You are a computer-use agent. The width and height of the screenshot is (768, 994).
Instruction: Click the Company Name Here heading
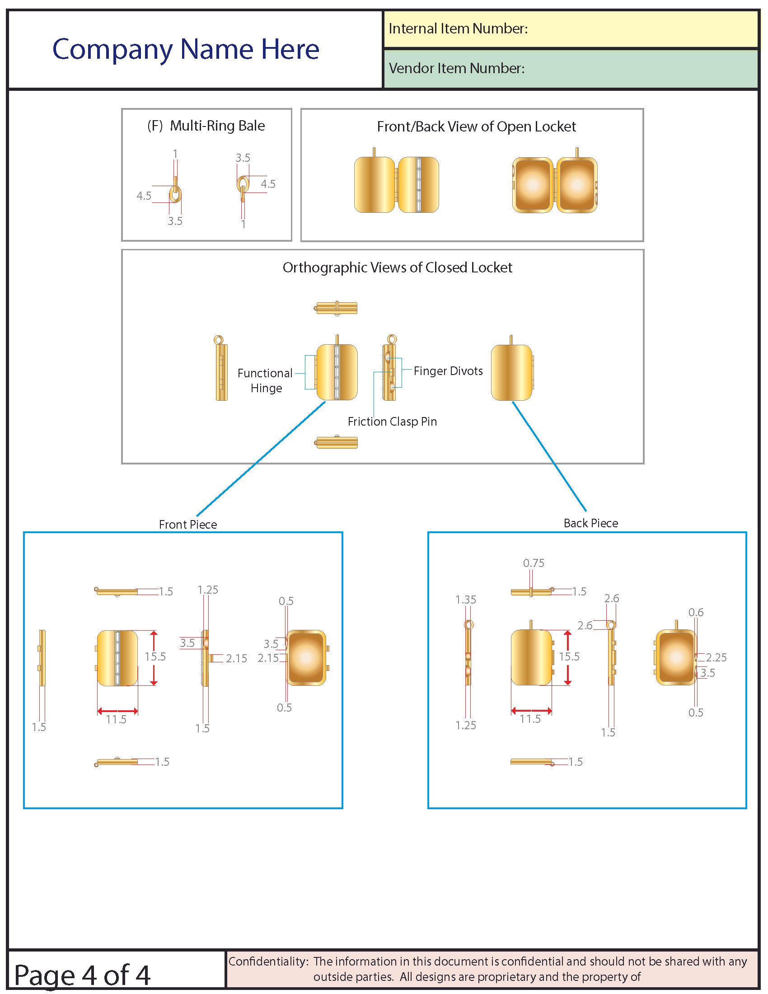point(186,49)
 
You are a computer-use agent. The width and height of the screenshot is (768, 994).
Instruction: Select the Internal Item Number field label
point(458,28)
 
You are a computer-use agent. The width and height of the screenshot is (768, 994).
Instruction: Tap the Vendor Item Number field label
point(456,68)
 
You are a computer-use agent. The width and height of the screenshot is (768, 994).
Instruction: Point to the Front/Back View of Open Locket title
point(476,127)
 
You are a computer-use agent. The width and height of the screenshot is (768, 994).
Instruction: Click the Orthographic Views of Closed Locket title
point(397,267)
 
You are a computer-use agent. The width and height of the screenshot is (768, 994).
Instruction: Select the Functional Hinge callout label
point(265,380)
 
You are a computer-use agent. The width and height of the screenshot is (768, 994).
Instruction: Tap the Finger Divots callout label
point(448,371)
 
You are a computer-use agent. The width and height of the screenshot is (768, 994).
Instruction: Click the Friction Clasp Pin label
point(392,422)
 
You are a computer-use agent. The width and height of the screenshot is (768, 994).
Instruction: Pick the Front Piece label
point(188,524)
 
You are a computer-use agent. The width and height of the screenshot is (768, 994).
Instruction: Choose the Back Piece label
point(590,523)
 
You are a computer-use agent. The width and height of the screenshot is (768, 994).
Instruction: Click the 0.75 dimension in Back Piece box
point(533,563)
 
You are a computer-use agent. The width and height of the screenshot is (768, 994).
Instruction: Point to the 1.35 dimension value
point(465,600)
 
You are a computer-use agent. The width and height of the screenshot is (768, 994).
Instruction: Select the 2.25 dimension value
point(716,657)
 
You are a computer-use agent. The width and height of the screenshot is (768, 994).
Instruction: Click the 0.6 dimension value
point(696,612)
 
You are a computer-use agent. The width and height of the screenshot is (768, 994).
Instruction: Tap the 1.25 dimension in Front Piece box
point(207,590)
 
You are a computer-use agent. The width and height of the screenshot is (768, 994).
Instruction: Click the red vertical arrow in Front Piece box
point(154,658)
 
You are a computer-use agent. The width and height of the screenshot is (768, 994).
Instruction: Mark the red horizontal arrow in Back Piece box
point(531,711)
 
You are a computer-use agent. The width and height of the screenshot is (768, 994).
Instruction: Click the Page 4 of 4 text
point(82,975)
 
